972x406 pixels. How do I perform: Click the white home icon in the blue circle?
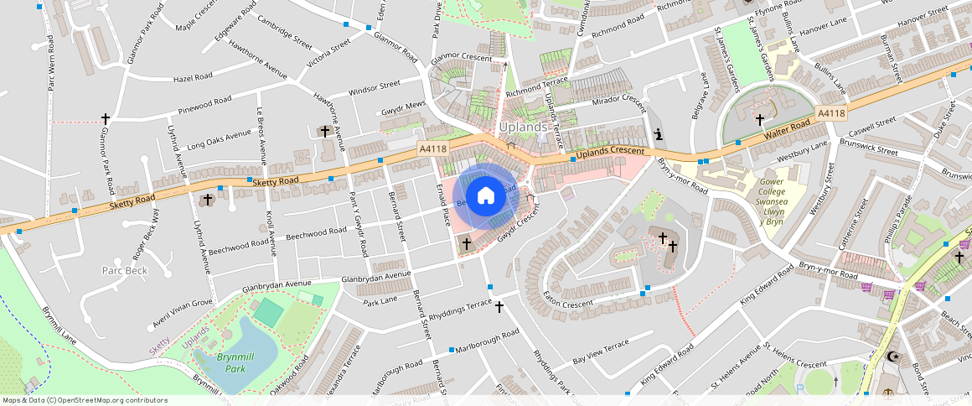(485, 196)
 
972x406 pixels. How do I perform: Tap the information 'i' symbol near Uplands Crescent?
(659, 134)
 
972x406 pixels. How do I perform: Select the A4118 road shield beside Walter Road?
(830, 113)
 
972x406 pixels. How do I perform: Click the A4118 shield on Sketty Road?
(433, 148)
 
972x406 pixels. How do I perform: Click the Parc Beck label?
(125, 270)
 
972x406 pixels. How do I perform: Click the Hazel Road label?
(194, 78)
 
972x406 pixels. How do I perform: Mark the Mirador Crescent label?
(619, 100)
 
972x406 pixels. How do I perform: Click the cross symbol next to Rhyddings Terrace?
(499, 307)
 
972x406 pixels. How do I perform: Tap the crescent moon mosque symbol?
(893, 357)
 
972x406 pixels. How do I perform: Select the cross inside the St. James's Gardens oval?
(760, 119)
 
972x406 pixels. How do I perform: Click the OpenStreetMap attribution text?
(85, 400)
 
